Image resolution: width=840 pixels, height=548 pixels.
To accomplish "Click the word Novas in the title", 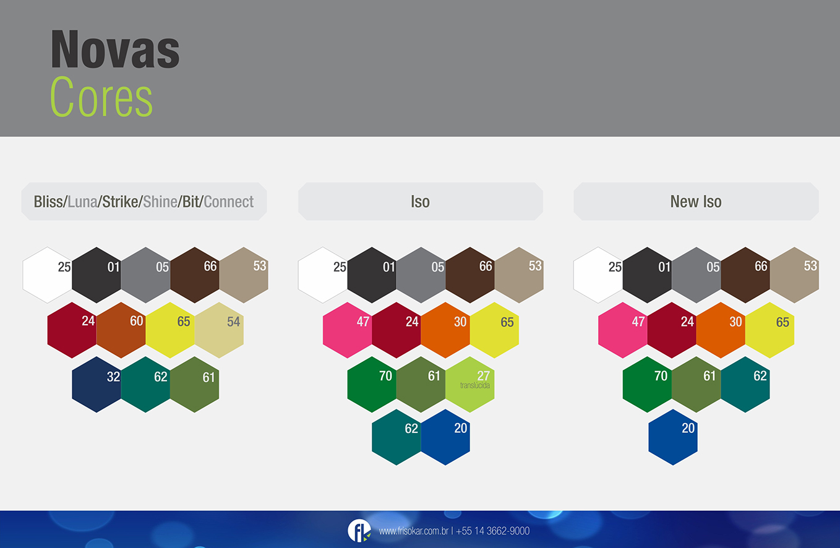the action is pos(115,49).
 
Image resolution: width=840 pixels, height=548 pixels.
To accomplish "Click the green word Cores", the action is pos(101,96).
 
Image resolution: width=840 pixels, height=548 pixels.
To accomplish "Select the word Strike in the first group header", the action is pos(120,202).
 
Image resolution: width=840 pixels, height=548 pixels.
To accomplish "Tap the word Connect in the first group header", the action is pos(228,202).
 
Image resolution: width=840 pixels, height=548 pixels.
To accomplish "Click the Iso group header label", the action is pos(420,202).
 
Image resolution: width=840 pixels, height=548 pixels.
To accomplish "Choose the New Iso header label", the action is pos(696,202).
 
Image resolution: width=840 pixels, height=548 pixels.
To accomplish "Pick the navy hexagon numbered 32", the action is pos(96,385).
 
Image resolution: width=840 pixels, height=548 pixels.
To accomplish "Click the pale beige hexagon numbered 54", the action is pos(219,330).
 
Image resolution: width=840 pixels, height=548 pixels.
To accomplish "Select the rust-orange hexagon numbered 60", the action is pos(121,330).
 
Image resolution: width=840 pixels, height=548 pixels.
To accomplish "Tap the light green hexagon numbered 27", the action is pos(470,385).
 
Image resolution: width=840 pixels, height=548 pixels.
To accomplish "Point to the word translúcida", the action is pos(475,385).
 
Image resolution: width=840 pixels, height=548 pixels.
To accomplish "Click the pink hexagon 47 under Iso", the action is pos(347,330).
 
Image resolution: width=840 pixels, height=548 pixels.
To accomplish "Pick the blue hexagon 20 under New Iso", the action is pos(673,437).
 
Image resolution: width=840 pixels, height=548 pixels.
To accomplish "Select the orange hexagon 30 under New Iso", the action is pos(721,330).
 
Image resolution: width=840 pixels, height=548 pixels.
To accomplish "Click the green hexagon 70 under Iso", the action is pos(372,385).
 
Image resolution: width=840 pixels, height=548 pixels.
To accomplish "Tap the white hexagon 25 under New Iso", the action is pos(598,275).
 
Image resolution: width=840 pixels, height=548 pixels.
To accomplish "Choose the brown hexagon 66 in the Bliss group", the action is pos(195,275).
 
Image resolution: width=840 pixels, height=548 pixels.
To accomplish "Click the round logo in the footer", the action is pos(359,531).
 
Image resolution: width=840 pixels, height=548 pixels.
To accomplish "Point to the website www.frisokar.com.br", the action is pos(414,531).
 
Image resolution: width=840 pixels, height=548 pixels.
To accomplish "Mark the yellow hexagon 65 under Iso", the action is pos(494,330).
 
